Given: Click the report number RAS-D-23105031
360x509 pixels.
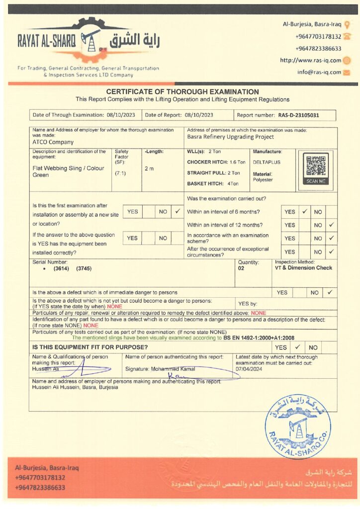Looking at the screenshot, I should point(298,115).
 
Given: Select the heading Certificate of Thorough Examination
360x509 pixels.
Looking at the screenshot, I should point(182,92).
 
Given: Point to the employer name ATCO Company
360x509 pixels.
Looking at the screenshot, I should point(49,142).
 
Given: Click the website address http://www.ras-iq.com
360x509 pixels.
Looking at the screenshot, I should point(310,61).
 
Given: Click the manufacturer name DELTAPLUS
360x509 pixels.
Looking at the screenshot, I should point(263,162).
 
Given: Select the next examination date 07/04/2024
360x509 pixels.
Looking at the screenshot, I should point(249,369).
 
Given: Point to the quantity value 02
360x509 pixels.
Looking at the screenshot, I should point(242,268).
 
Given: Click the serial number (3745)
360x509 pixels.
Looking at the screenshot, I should point(84,268).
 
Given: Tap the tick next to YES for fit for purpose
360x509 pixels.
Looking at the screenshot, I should point(297,347).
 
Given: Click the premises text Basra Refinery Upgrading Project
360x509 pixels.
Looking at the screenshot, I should point(230,137).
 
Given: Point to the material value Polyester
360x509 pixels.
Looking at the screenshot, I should point(263,180).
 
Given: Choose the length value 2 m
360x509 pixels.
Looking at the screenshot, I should point(149,169).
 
